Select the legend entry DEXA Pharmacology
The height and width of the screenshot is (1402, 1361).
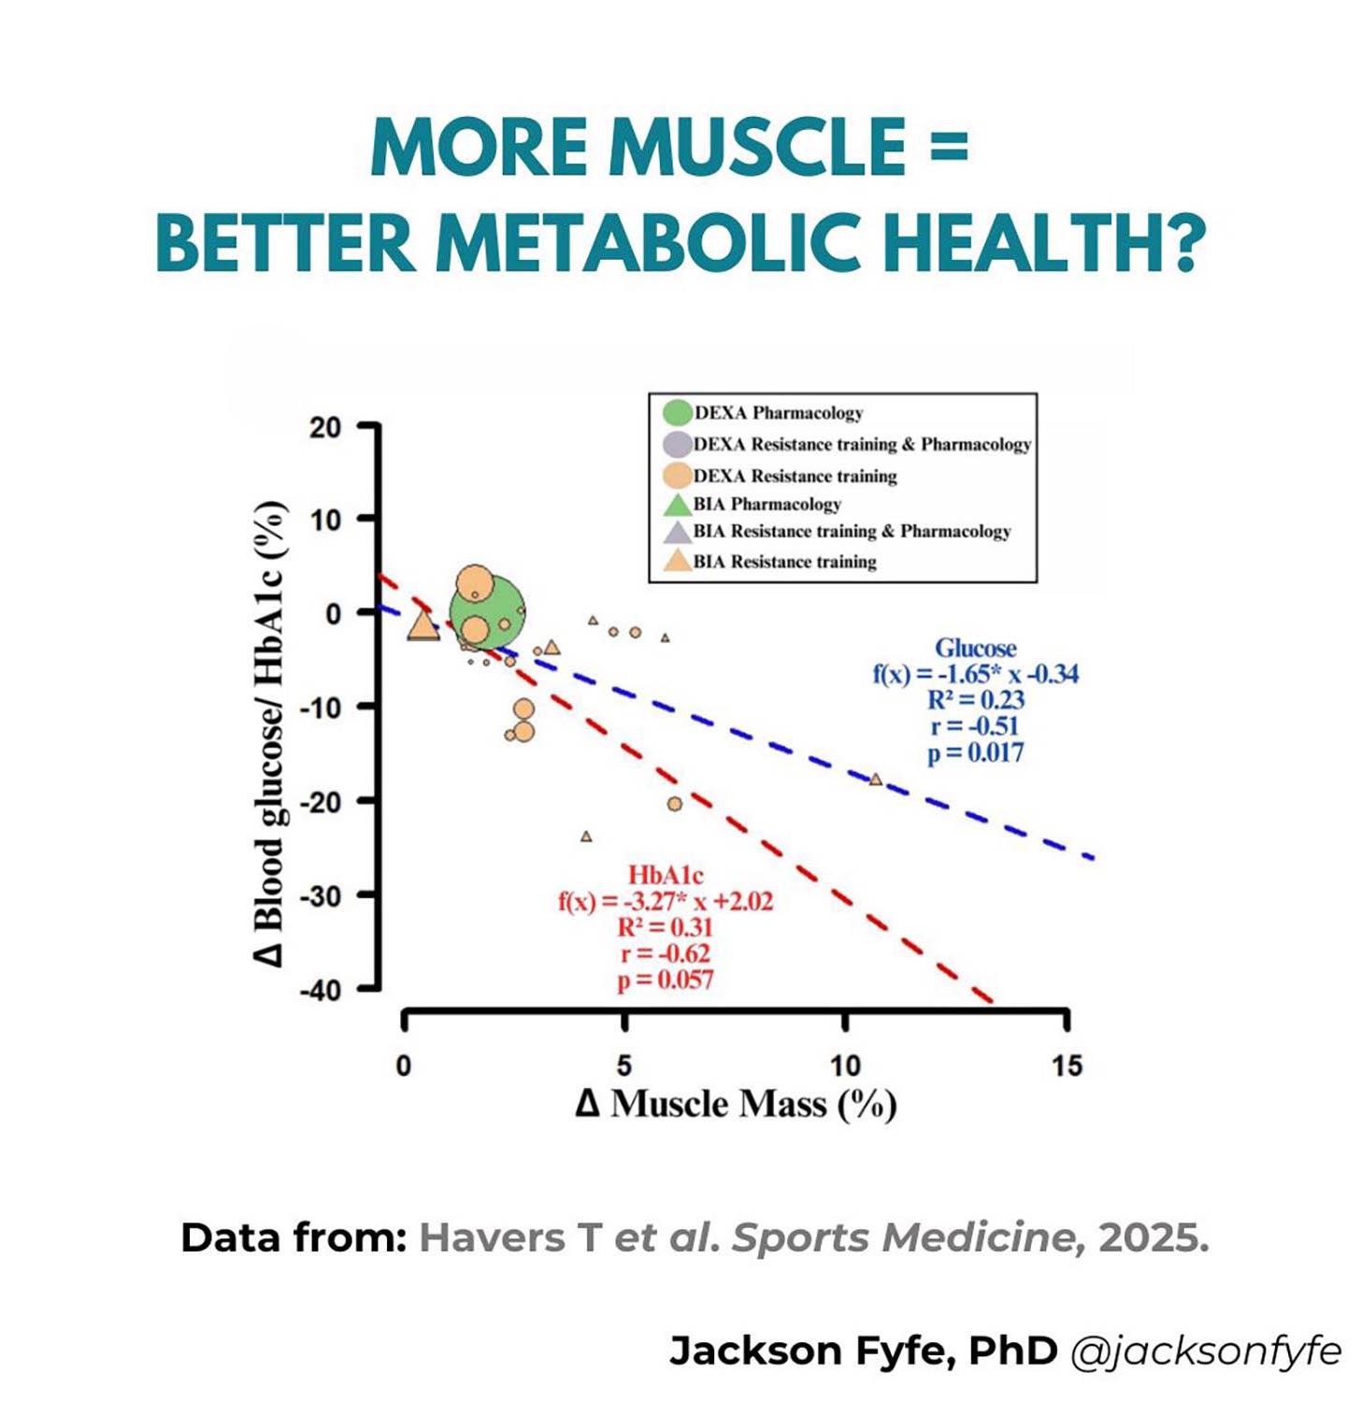point(778,412)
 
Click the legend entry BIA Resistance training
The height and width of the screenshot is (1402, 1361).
point(783,562)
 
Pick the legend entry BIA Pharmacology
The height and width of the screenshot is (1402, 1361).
point(766,505)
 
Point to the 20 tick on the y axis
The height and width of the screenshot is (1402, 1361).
point(325,427)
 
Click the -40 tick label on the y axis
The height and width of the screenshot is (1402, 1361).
point(321,989)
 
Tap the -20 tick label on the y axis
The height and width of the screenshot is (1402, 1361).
point(321,801)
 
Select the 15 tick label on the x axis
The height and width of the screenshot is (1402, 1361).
point(1067,1066)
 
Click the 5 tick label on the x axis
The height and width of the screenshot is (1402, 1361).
point(623,1066)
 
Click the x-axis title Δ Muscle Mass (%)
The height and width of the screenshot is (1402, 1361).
point(736,1104)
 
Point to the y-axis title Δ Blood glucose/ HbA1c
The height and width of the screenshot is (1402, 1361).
point(270,734)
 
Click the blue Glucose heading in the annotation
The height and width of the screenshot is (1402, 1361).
point(975,648)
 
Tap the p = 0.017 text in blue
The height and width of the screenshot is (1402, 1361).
point(975,752)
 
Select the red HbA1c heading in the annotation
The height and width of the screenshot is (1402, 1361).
point(666,875)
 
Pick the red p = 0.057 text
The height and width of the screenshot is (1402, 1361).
point(666,980)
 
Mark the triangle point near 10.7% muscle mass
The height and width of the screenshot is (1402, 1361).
point(875,779)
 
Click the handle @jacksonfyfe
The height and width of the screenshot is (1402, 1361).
point(1206,1352)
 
